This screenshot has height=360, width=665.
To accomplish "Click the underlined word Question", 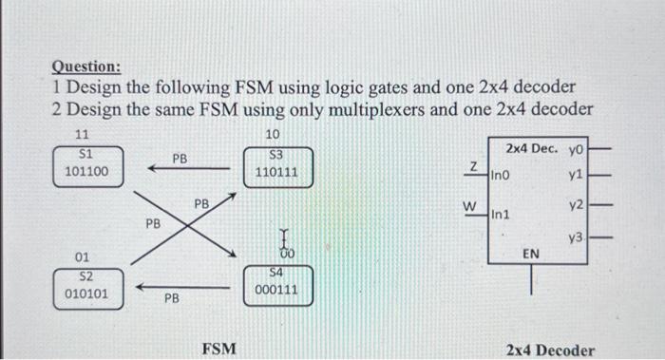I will [85, 67].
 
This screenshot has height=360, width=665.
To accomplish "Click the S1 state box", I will [86, 163].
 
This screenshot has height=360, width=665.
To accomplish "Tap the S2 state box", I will [85, 285].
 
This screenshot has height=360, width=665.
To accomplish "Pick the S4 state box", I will [276, 282].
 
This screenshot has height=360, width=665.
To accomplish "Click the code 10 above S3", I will [273, 136].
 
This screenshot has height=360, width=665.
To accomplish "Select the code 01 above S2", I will [84, 257].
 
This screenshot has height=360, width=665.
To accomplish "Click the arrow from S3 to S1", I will [189, 168].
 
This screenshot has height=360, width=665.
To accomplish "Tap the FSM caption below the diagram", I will [219, 350].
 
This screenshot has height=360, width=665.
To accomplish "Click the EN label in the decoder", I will [531, 254].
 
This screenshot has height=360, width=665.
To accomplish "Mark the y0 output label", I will [577, 149].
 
